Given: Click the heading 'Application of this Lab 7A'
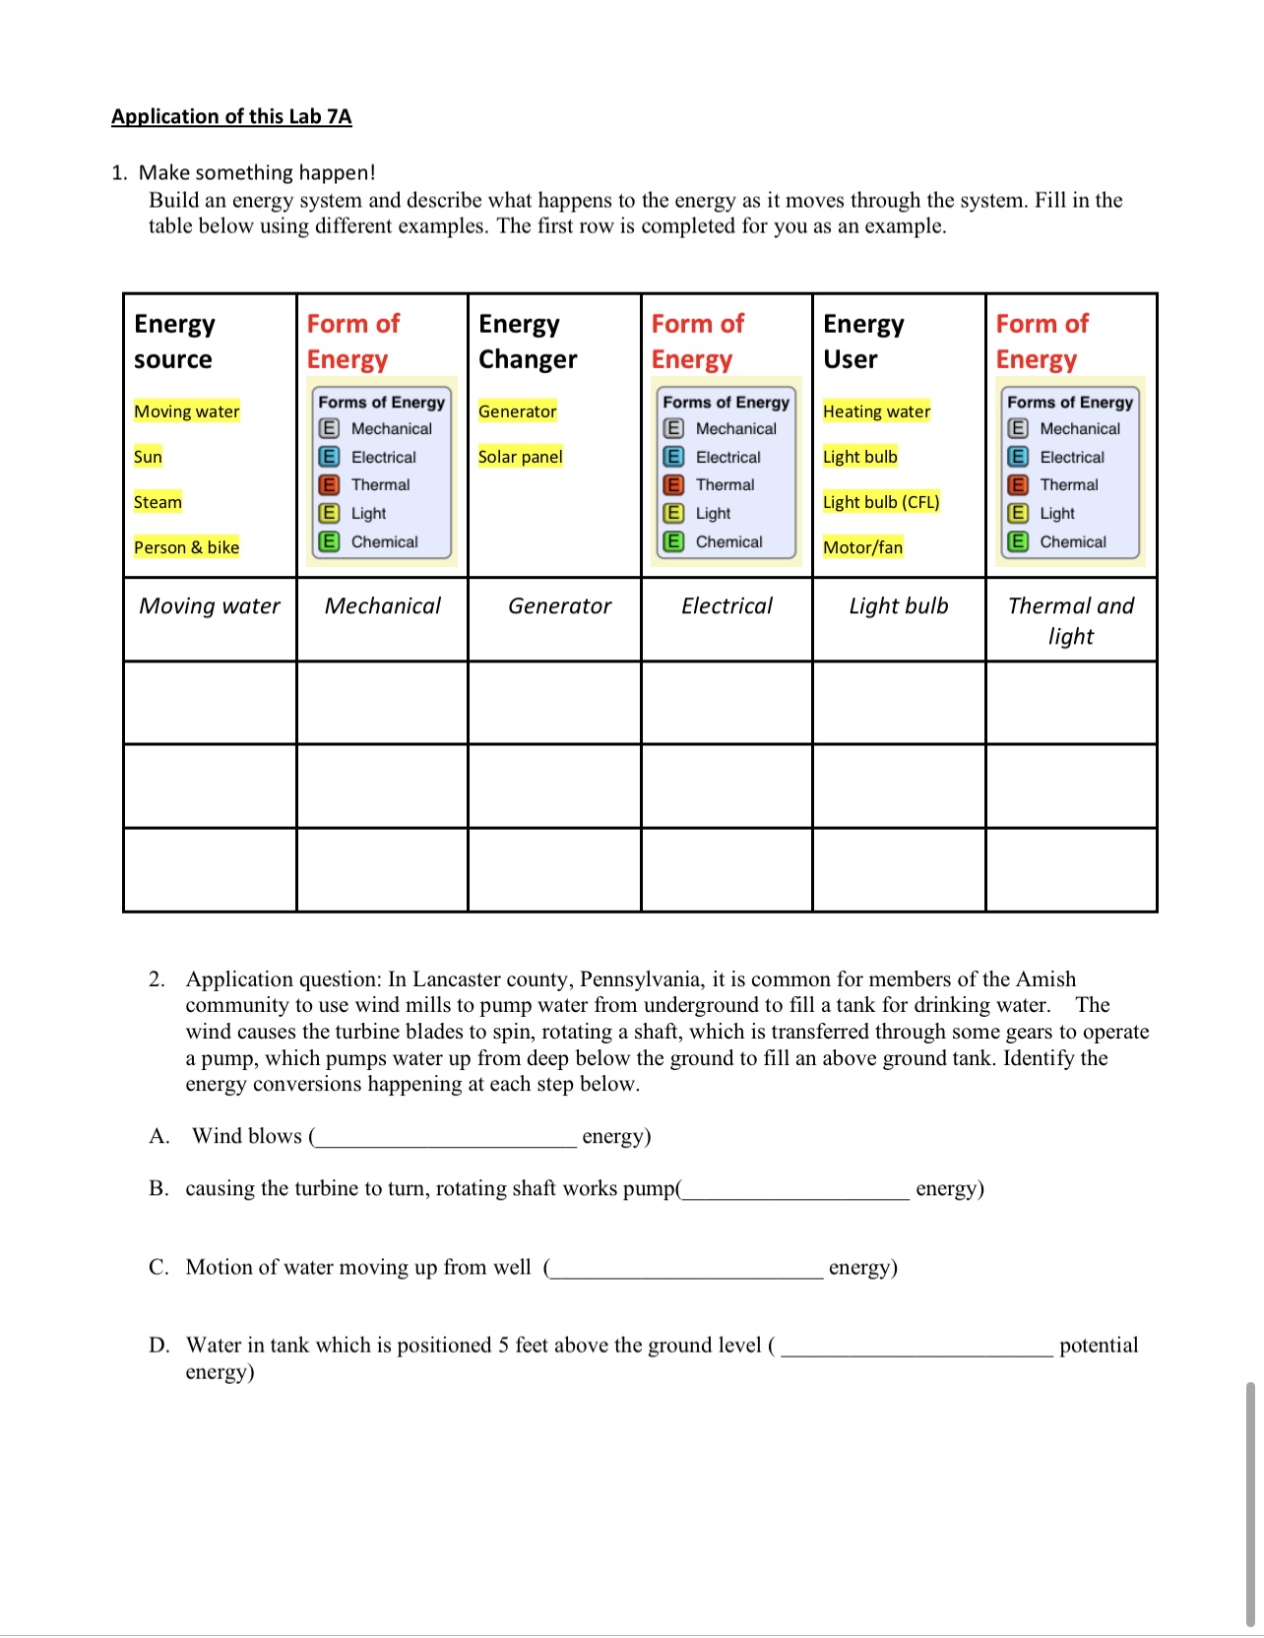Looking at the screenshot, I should (x=231, y=116).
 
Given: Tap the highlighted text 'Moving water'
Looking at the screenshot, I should (x=187, y=411).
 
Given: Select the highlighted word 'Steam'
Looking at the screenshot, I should (x=158, y=502).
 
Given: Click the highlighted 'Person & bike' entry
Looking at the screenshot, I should (x=187, y=547).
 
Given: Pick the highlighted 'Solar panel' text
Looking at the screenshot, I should (x=521, y=457).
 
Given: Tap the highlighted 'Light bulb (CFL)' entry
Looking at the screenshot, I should (x=881, y=502).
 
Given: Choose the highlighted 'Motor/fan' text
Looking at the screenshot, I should (x=862, y=547).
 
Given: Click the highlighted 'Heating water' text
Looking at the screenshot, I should (x=876, y=411).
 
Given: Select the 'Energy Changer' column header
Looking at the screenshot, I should (x=528, y=341).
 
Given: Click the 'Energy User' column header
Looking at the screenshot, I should (x=863, y=341).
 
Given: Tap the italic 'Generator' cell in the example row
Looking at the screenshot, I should (x=559, y=606).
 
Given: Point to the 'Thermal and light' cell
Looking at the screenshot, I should (x=1071, y=620).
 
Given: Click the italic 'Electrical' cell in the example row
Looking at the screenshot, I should (x=727, y=606).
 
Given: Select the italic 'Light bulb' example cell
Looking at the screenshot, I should (x=899, y=606).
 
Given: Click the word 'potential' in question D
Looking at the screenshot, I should (x=1099, y=1346).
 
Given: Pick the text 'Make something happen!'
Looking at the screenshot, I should (x=257, y=172).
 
